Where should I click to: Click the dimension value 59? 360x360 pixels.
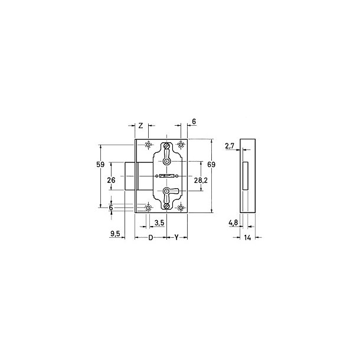(100, 165)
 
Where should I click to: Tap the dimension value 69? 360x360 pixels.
(211, 165)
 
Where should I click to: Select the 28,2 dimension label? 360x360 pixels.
(201, 181)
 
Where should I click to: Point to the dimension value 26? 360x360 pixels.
(111, 180)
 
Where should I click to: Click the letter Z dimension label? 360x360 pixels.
(141, 125)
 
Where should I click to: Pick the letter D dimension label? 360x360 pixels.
(150, 238)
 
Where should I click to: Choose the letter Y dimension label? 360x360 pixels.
(176, 237)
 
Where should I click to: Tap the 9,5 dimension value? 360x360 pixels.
(115, 234)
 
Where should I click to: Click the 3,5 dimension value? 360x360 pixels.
(159, 222)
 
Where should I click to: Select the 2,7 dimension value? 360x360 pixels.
(230, 146)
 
